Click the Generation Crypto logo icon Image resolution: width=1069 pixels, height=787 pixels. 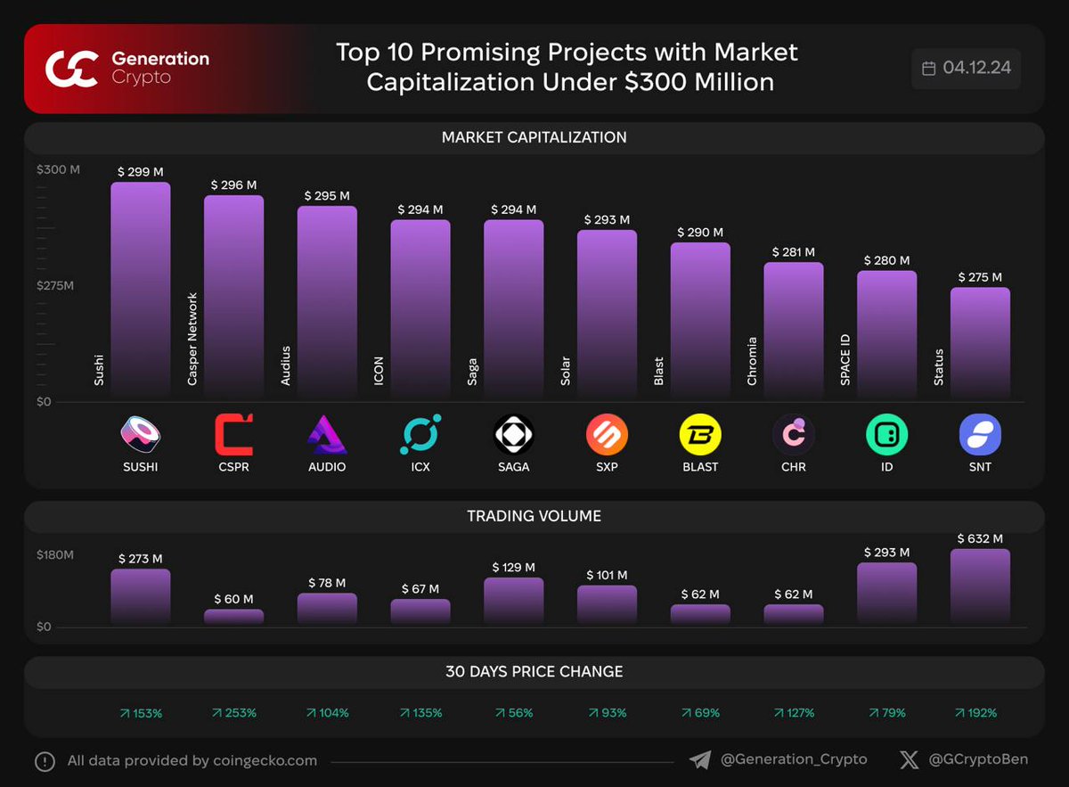tap(71, 69)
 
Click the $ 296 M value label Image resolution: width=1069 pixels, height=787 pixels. tap(233, 184)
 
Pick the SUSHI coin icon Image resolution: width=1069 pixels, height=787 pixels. tap(140, 435)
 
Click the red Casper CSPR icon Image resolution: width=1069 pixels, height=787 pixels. tap(233, 435)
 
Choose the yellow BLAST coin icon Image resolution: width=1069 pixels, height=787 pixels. tap(700, 435)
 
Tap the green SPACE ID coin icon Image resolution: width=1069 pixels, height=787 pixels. tap(886, 435)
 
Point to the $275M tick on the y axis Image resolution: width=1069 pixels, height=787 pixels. tap(55, 285)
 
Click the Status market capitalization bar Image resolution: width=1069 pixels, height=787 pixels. tap(980, 342)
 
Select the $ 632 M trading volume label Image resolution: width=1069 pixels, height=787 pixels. tap(980, 538)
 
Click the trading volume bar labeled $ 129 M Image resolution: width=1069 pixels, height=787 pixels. tap(513, 601)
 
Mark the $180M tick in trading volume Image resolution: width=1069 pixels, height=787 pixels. tap(55, 554)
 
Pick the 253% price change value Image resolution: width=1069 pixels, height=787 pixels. tap(234, 713)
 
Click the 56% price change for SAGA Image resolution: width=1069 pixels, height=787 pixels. tap(514, 713)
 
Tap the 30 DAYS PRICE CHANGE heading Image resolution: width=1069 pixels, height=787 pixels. tap(534, 671)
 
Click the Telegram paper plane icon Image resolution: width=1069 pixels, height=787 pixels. tap(700, 759)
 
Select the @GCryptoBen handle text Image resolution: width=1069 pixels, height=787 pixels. tap(977, 759)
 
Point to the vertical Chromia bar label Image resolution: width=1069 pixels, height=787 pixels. tap(752, 361)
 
